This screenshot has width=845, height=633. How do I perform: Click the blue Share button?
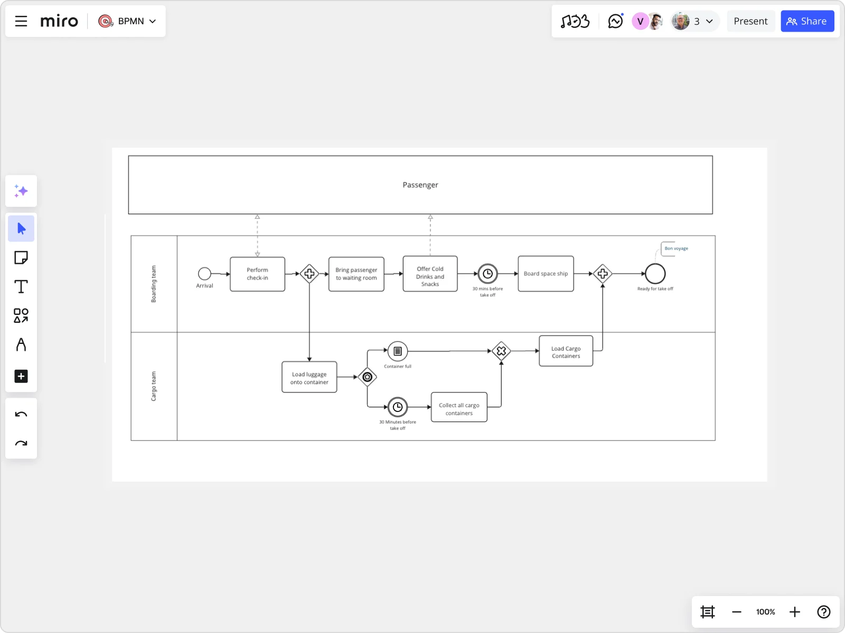coord(807,21)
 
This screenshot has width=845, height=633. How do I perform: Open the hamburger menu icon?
coord(21,21)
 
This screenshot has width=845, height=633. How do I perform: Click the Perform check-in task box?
coord(257,274)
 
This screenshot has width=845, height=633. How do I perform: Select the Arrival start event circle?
coord(204,273)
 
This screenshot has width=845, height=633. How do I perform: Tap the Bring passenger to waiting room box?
coord(356,274)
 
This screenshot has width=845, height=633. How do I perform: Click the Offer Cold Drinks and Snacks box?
coord(430,274)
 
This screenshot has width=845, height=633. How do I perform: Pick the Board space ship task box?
coord(546,274)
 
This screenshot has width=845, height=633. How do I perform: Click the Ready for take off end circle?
coord(655,274)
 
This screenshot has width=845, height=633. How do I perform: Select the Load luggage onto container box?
coord(309,377)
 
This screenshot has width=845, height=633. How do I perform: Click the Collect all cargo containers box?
coord(459,408)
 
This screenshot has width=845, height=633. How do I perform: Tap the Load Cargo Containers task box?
coord(566,351)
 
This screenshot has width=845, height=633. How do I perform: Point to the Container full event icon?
coord(398,351)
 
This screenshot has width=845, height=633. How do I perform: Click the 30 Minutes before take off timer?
coord(398,407)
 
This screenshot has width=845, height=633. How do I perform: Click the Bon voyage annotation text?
coord(676,248)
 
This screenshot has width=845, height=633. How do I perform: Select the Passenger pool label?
coord(420,185)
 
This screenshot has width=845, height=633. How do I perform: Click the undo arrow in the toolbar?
coord(21,415)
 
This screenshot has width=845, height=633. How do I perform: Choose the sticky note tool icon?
coord(21,257)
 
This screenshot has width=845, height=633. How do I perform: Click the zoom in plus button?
coord(794,612)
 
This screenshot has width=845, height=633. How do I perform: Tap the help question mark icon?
coord(823,612)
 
